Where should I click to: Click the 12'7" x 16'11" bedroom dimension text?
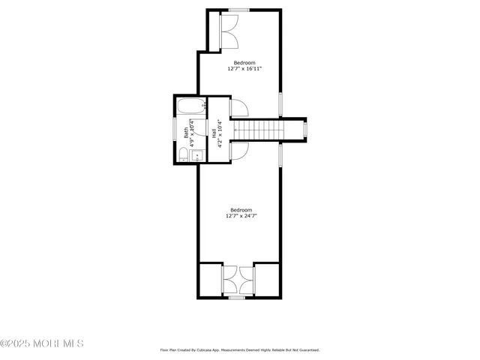pyautogui.click(x=244, y=69)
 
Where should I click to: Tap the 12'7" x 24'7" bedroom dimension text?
pyautogui.click(x=241, y=216)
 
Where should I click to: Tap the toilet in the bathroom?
pyautogui.click(x=184, y=155)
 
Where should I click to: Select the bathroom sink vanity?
pyautogui.click(x=197, y=156)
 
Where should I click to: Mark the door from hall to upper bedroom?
pyautogui.click(x=238, y=109)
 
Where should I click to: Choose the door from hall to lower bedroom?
pyautogui.click(x=238, y=150)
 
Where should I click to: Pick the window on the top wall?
pyautogui.click(x=239, y=10)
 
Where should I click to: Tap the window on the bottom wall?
pyautogui.click(x=237, y=298)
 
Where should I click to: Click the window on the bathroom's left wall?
pyautogui.click(x=175, y=130)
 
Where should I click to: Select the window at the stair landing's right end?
pyautogui.click(x=304, y=130)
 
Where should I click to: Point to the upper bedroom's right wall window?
pyautogui.click(x=280, y=103)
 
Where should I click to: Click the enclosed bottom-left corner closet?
pyautogui.click(x=210, y=280)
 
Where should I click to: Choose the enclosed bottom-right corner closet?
pyautogui.click(x=267, y=280)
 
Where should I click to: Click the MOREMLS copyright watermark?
pyautogui.click(x=42, y=343)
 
